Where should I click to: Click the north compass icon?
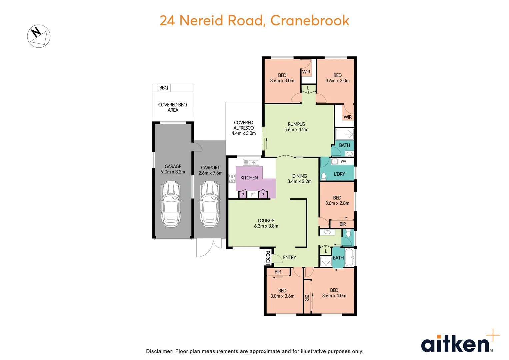click(x=39, y=36)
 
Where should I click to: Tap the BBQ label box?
click(x=163, y=88)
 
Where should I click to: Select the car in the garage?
click(x=171, y=204)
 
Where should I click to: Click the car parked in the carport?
click(x=210, y=204)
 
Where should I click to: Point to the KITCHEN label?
click(x=249, y=178)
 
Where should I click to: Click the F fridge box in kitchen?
click(x=252, y=195)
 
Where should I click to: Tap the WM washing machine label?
click(x=343, y=162)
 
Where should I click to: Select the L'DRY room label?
click(x=339, y=174)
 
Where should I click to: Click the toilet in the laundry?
click(x=324, y=176)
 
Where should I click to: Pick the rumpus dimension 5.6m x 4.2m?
click(x=296, y=130)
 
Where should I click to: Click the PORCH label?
click(x=267, y=257)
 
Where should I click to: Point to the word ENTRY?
click(x=289, y=257)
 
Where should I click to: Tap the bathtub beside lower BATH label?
click(x=349, y=258)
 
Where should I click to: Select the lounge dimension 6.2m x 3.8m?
click(x=266, y=226)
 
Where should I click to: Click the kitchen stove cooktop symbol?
click(x=232, y=178)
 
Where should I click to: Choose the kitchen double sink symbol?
click(x=251, y=162)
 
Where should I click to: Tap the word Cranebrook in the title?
click(x=310, y=20)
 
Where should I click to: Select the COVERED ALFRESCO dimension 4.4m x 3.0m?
click(x=244, y=133)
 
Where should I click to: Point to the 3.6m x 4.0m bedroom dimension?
click(x=334, y=296)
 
